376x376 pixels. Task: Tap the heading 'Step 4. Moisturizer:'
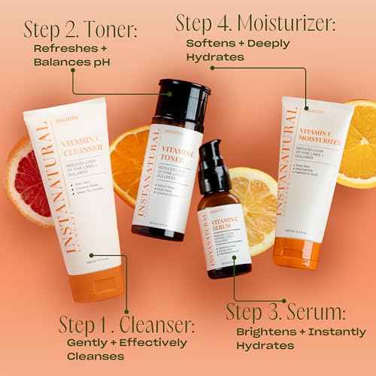(x=255, y=22)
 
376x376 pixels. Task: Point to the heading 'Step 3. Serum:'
(x=286, y=311)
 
